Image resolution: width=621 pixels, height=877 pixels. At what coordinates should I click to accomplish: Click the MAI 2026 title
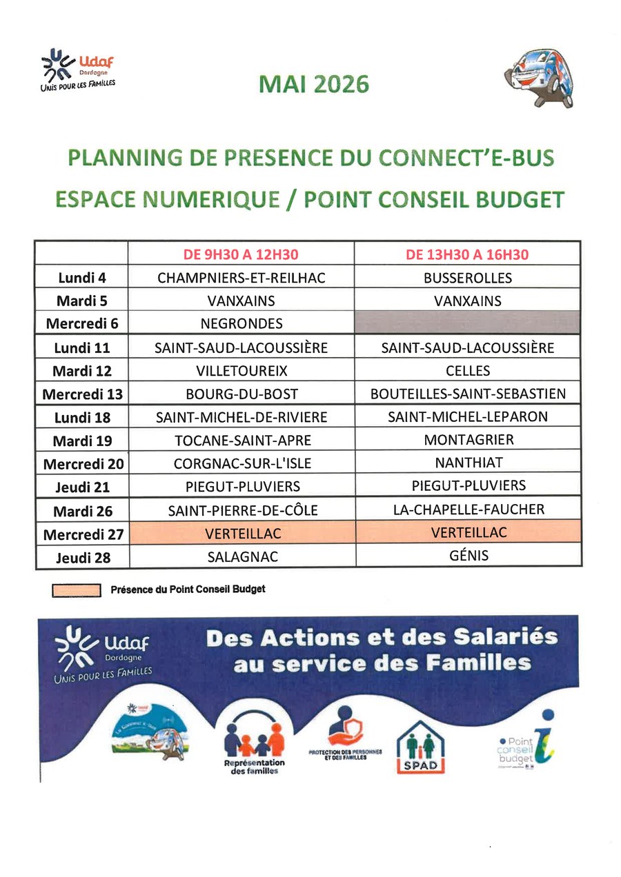pyautogui.click(x=314, y=84)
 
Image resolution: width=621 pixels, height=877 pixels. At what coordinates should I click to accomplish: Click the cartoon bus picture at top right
pyautogui.click(x=540, y=77)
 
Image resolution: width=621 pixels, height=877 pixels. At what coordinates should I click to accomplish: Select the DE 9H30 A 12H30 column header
pyautogui.click(x=241, y=254)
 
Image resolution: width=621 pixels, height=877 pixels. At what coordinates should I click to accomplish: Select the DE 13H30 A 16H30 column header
pyautogui.click(x=468, y=254)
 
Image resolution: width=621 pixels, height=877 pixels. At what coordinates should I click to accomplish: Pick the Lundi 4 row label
pyautogui.click(x=82, y=278)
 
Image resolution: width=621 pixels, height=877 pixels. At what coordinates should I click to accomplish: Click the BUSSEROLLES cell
pyautogui.click(x=468, y=278)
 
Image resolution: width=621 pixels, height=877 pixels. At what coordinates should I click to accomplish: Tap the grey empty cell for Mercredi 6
pyautogui.click(x=468, y=323)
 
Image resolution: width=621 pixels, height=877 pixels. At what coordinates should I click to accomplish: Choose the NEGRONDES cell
pyautogui.click(x=241, y=323)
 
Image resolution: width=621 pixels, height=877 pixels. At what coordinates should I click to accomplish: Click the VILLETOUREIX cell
pyautogui.click(x=241, y=370)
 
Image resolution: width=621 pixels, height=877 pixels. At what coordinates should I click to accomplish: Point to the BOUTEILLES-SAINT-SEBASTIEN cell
pyautogui.click(x=468, y=394)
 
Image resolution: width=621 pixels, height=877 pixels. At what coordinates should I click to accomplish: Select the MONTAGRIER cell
pyautogui.click(x=468, y=440)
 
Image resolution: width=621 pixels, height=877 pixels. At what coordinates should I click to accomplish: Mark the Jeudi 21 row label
pyautogui.click(x=82, y=487)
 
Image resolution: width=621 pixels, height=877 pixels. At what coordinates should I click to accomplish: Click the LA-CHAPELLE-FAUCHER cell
pyautogui.click(x=468, y=510)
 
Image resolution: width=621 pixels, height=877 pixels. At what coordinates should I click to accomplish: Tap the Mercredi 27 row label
pyautogui.click(x=82, y=534)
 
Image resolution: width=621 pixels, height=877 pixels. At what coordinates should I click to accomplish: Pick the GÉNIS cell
pyautogui.click(x=468, y=555)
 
